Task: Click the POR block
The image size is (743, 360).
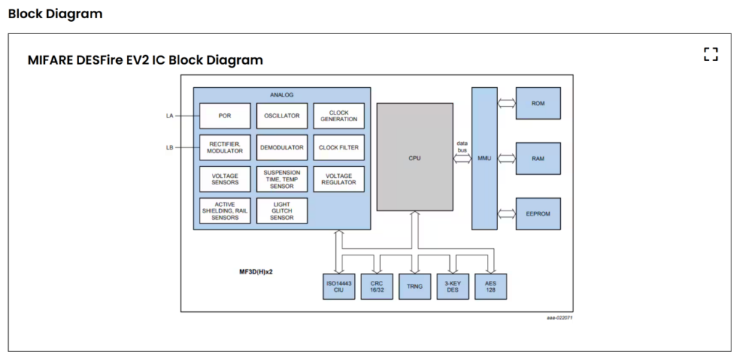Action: coord(225,115)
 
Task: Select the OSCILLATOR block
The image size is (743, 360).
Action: coord(282,115)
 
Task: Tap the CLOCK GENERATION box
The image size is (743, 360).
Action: coord(339,115)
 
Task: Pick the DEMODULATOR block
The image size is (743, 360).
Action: coord(282,147)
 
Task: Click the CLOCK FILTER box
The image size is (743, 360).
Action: coord(339,147)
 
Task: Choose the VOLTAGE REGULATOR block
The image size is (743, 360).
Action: coord(339,179)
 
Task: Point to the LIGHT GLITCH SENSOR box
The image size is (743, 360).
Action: coord(282,210)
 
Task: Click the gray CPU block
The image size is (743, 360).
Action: coord(414,157)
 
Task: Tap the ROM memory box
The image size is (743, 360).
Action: coord(538,103)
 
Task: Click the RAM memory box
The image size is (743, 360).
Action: coord(538,157)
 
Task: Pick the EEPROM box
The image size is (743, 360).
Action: coord(538,213)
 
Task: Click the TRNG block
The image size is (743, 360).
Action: coord(414,286)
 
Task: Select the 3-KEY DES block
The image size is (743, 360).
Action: coord(453,286)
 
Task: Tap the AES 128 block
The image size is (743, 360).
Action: coord(490,286)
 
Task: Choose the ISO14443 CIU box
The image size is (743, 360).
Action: coord(338,286)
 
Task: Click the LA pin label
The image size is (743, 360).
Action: coord(169,115)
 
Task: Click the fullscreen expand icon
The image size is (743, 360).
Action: coord(710,54)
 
